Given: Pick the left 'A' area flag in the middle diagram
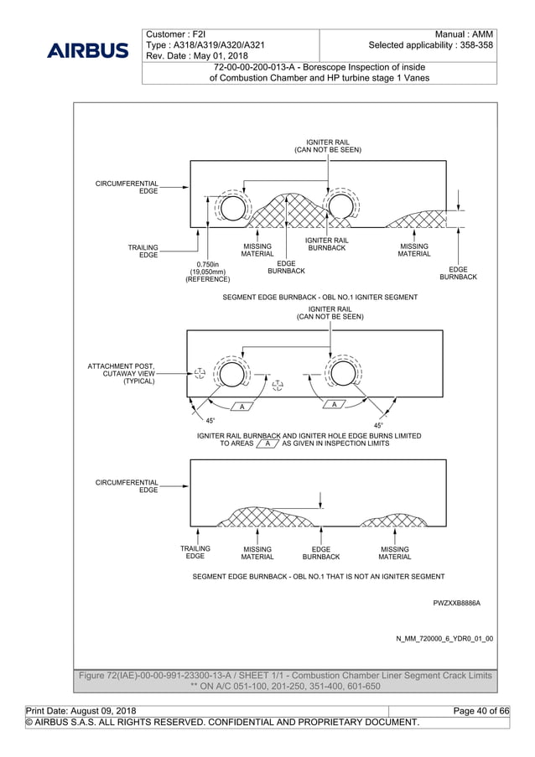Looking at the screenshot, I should tap(242, 407).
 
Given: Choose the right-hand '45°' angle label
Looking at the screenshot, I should tap(380, 425).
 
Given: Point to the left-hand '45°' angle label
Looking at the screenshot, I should tap(210, 420).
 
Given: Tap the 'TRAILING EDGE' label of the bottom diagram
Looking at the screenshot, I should tap(195, 552).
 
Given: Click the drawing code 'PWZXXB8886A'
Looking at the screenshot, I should tap(456, 602).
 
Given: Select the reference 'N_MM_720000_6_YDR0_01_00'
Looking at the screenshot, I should tap(444, 639).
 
